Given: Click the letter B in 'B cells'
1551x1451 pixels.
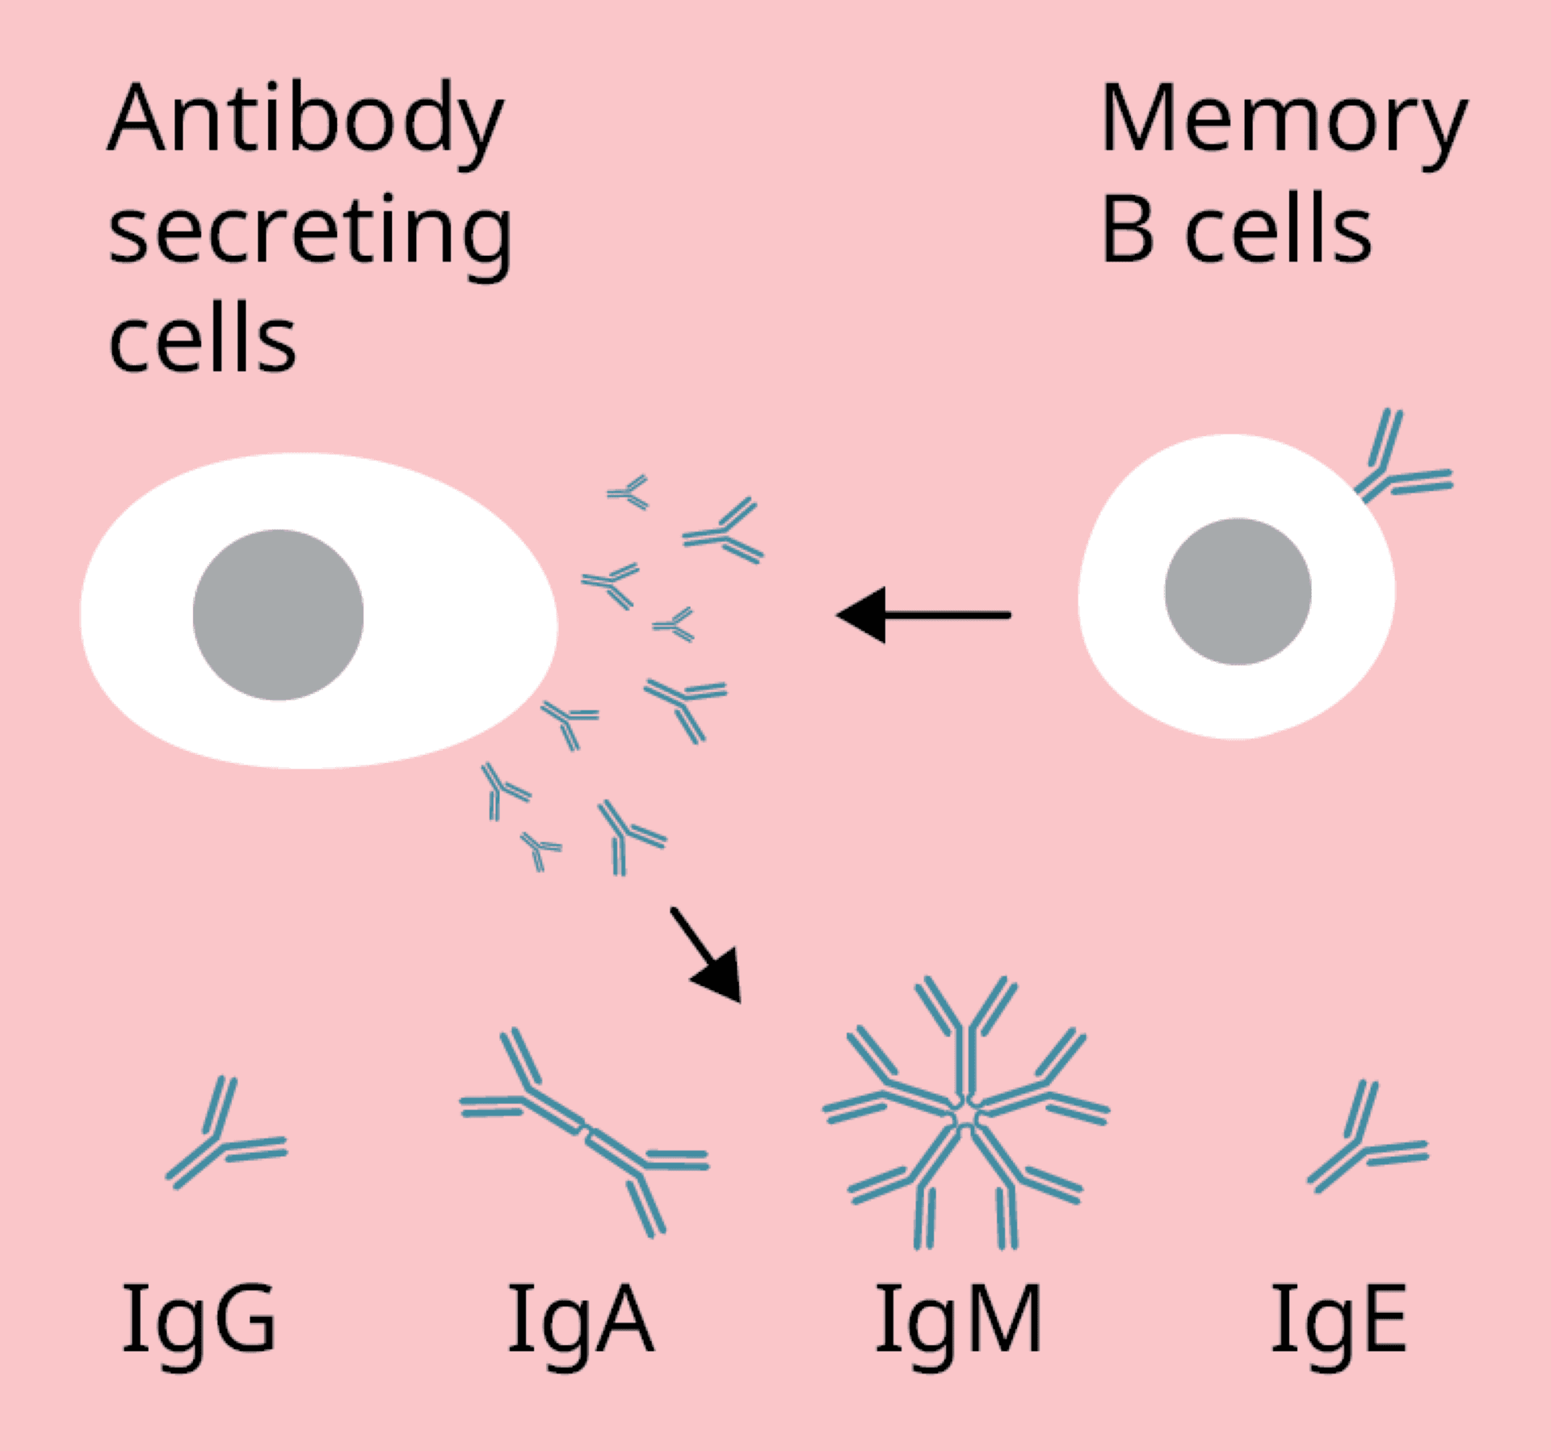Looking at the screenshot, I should pos(1127,231).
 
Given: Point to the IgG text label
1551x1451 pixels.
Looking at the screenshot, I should pos(199,1321).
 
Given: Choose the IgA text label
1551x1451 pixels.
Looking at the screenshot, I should pos(580,1321).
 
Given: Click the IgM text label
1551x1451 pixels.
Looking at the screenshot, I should pos(959,1321).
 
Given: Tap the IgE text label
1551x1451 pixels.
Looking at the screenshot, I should pos(1339,1321).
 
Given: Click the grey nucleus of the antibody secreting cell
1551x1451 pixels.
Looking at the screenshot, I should pos(278,614).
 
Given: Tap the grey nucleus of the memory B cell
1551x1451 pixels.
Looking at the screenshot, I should pos(1238,591).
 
